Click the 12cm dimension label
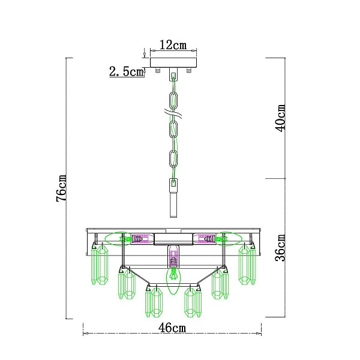coord(173,45)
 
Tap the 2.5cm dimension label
coord(126,71)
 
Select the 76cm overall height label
coord(62,188)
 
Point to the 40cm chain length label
coord(280,118)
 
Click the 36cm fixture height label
coord(280,248)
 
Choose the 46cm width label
coord(172,328)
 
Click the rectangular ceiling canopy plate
coord(173,62)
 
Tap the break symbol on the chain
coord(173,113)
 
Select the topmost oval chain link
coord(173,100)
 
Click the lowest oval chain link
coord(173,159)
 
